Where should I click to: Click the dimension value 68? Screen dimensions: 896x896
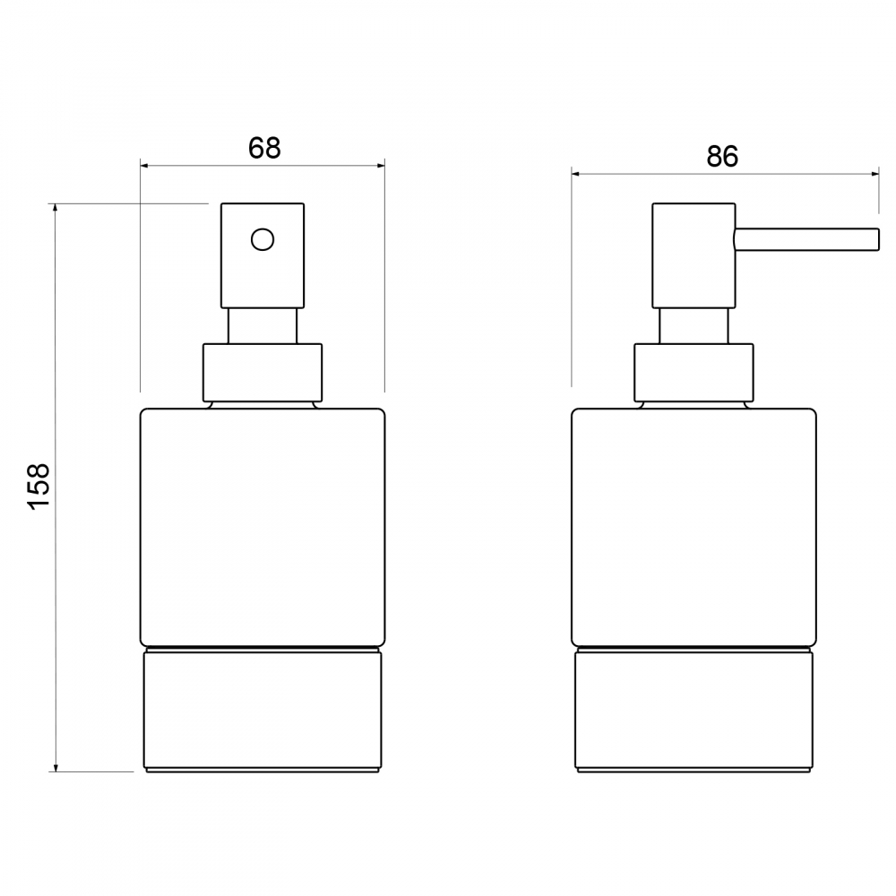[264, 148]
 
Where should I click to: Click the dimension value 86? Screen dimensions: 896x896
[722, 157]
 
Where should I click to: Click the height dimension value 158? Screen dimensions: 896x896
[39, 486]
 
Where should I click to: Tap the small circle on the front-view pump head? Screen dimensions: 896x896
[263, 239]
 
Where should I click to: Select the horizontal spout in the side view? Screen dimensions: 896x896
[806, 239]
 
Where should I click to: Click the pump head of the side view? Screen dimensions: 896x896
[694, 255]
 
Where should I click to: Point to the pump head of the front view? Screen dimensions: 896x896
[263, 255]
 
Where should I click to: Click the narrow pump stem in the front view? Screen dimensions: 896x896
[263, 326]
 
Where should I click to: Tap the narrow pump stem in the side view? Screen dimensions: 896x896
[694, 326]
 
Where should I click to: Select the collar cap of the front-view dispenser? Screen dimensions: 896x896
[263, 372]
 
